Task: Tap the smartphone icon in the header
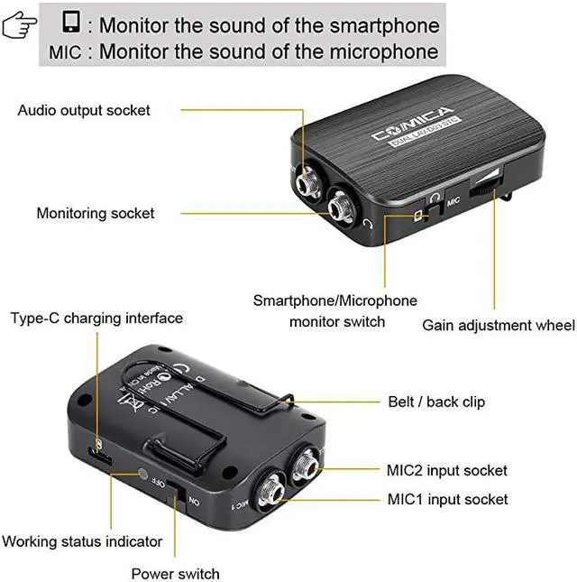coord(71,21)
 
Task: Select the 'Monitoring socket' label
coord(96,214)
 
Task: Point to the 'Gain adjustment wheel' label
coord(498,325)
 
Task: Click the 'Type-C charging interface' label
coord(96,319)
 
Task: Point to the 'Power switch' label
coord(175,573)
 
